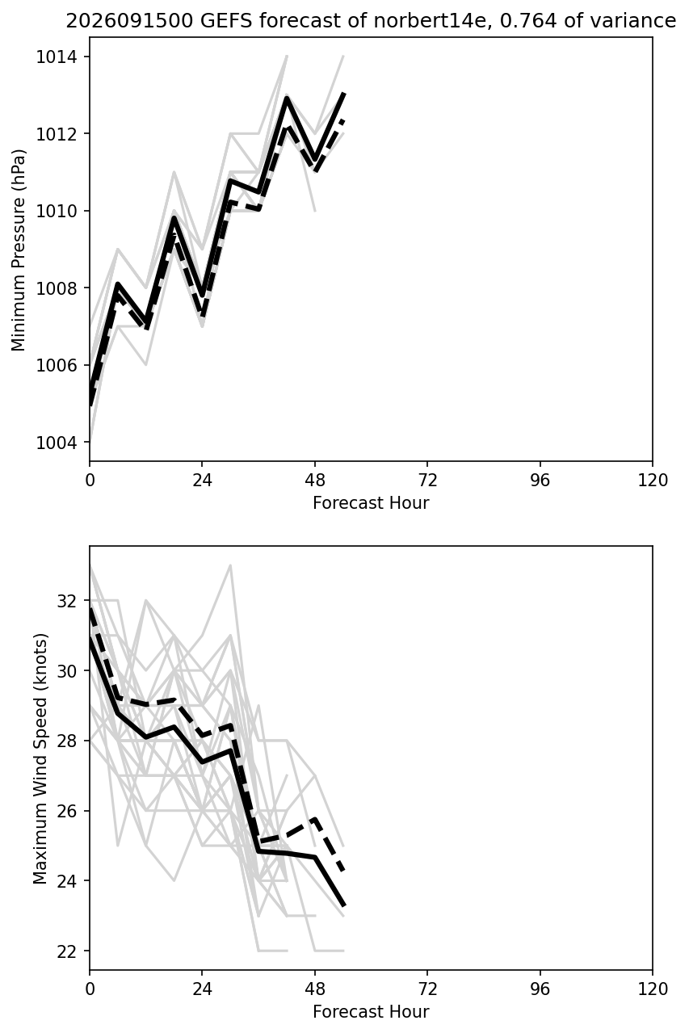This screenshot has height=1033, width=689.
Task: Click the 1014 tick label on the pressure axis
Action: pos(57,57)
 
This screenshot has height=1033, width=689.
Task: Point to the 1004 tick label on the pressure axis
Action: pos(57,443)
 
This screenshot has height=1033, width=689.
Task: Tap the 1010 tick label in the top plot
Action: pos(57,211)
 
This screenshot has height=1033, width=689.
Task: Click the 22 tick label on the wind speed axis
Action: pos(67,951)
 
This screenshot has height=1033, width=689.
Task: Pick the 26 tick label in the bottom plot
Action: pos(67,811)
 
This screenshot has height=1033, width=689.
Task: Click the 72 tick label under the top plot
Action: pos(427,480)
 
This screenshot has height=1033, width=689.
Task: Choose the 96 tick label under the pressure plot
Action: pos(540,480)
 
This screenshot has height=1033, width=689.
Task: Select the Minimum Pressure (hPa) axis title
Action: pos(19,250)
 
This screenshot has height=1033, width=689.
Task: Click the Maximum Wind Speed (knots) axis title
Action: pos(40,758)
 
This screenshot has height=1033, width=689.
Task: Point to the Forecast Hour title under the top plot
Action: pos(371,502)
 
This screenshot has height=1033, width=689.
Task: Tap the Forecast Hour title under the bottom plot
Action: pos(371,1011)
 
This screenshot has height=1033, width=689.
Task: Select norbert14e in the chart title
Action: pos(431,21)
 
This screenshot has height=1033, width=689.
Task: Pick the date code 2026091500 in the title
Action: pos(129,21)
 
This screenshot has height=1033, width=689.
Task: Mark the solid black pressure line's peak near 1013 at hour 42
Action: pos(287,97)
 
